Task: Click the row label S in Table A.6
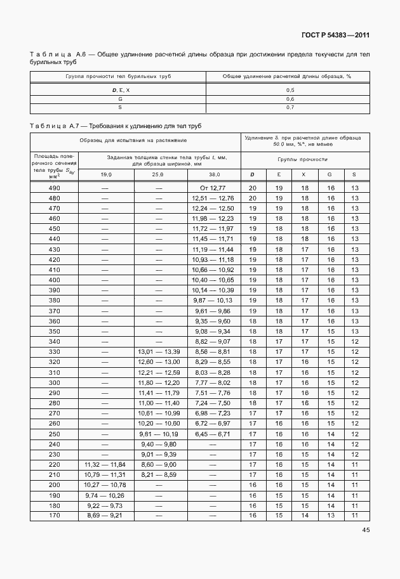(x=119, y=108)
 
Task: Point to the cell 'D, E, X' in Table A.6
(x=119, y=90)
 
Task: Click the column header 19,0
(x=105, y=174)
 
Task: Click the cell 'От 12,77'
(x=213, y=188)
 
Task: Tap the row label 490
(x=55, y=188)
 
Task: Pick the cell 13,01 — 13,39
(x=159, y=351)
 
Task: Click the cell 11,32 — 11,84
(x=105, y=465)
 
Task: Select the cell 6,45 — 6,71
(x=213, y=434)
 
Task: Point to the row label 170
(x=55, y=516)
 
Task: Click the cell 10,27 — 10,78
(x=105, y=485)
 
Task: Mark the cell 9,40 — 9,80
(x=159, y=444)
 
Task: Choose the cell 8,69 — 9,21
(x=105, y=516)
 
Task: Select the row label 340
(x=55, y=341)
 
